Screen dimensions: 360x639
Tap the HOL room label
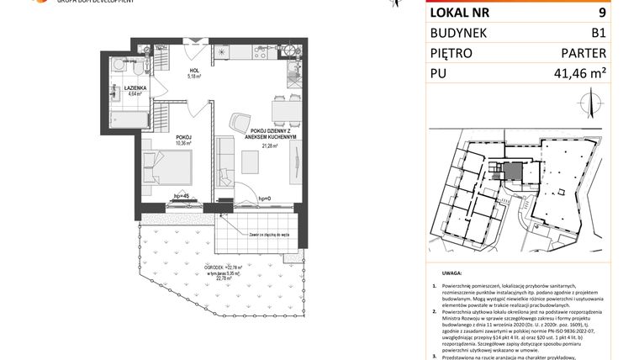pyautogui.click(x=193, y=71)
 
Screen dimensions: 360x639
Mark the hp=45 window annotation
pyautogui.click(x=179, y=196)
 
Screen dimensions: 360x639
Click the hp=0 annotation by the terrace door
pyautogui.click(x=263, y=199)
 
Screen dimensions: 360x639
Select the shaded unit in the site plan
pyautogui.click(x=512, y=172)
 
